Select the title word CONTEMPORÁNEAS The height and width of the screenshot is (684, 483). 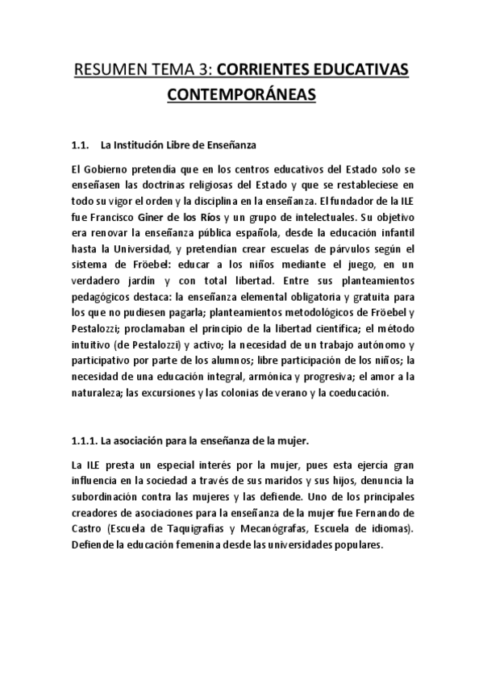[241, 97]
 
